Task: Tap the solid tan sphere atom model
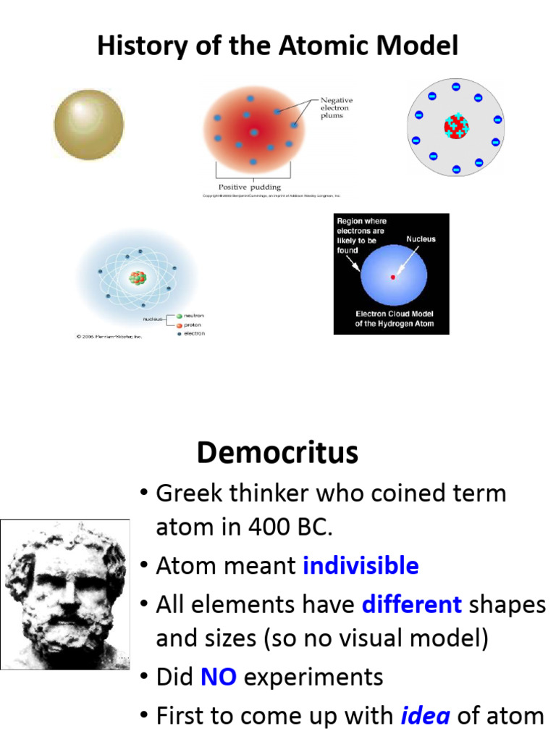tap(89, 124)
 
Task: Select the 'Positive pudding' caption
tap(250, 187)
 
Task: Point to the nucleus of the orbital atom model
tap(137, 277)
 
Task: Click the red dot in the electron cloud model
tap(393, 277)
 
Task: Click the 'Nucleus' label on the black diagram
tap(421, 239)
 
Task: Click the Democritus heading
tap(277, 453)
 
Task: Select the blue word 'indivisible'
tap(361, 565)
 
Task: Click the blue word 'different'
tap(411, 604)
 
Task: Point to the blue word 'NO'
tap(218, 678)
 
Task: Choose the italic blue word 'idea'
tap(426, 716)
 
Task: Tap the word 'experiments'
tap(313, 678)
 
